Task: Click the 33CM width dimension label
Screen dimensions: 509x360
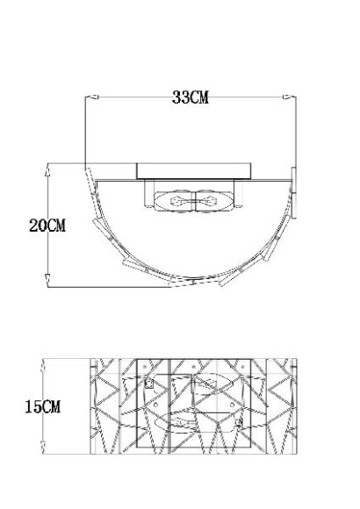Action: click(x=189, y=98)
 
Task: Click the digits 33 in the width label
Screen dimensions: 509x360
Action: click(x=179, y=98)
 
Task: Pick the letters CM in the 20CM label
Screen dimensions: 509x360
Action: click(x=56, y=226)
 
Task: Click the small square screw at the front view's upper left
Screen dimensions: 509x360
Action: click(x=150, y=384)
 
